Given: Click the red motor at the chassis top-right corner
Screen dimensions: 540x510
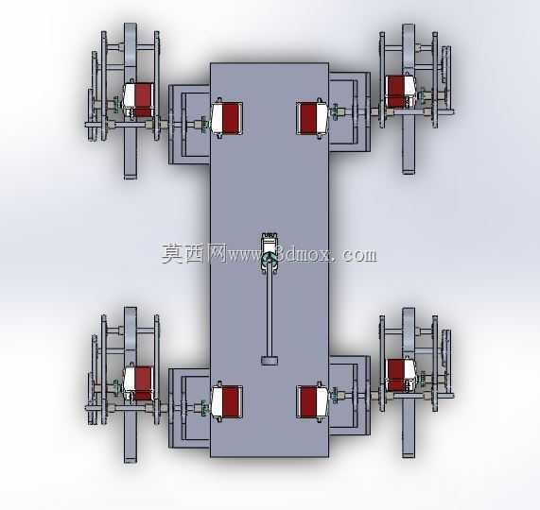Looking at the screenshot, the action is point(313,119).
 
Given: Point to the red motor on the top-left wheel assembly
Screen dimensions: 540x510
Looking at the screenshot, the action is point(138,99).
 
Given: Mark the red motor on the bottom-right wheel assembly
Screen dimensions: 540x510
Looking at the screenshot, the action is point(401,375).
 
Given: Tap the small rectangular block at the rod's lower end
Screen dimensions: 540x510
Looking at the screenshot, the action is point(270,361).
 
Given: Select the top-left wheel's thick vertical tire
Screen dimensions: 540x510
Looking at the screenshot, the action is point(131,101).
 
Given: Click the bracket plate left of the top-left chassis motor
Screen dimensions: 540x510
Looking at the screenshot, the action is point(189,124).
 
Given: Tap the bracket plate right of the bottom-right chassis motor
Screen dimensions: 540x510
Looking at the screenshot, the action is point(350,396).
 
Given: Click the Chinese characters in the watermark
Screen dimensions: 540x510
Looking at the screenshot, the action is point(194,254).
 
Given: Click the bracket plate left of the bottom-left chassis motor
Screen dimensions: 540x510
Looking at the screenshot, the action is point(189,408).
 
